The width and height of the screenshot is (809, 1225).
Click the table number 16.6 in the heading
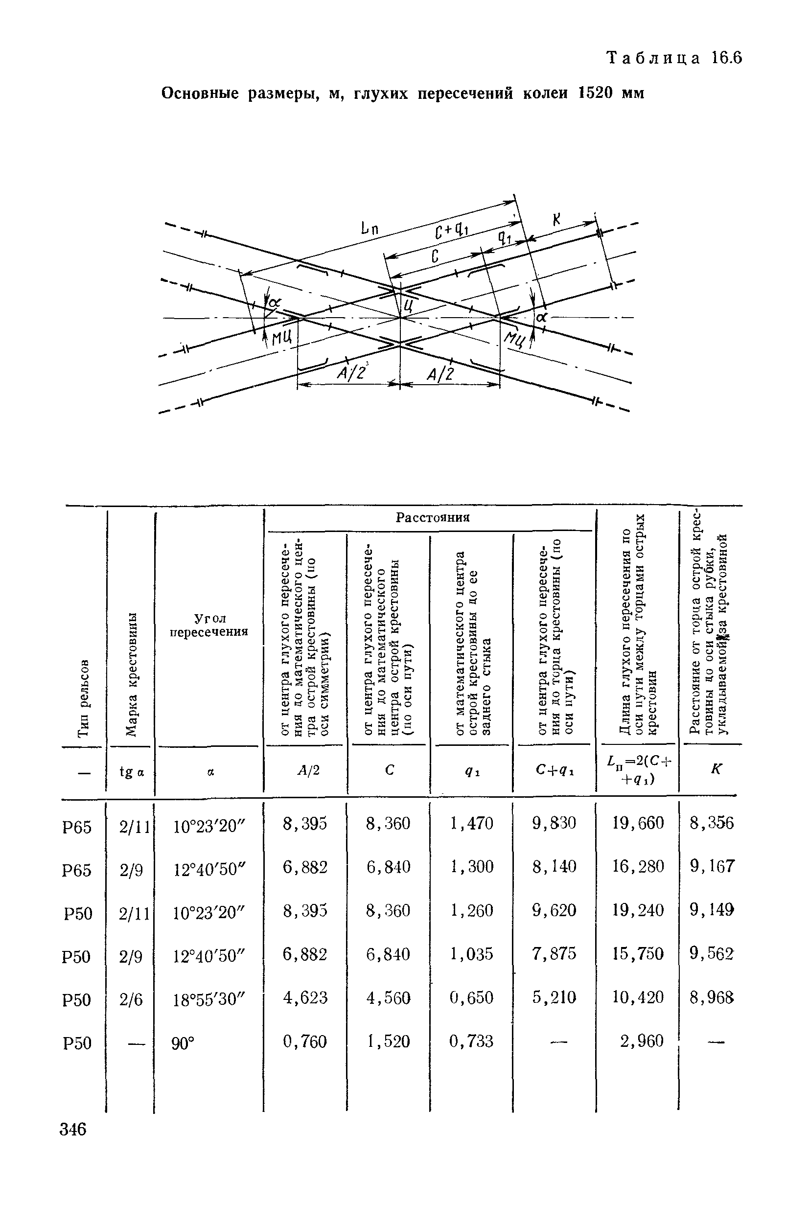[x=726, y=58]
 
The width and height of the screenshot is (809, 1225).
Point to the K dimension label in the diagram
[x=556, y=220]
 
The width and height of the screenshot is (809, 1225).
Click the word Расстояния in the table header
[x=432, y=518]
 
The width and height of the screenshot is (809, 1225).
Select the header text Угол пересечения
[x=209, y=624]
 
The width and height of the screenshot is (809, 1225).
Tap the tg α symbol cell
[x=132, y=772]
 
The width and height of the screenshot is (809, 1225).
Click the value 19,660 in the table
[x=638, y=823]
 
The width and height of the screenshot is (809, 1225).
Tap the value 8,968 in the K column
[x=712, y=998]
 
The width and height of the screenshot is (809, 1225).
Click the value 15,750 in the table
[x=638, y=954]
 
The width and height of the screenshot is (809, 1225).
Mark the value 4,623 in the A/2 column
[x=305, y=997]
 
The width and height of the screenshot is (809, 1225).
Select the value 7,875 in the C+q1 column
[x=554, y=954]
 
